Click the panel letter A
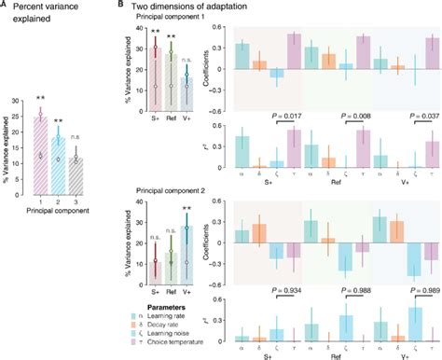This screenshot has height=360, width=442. click(5, 5)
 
